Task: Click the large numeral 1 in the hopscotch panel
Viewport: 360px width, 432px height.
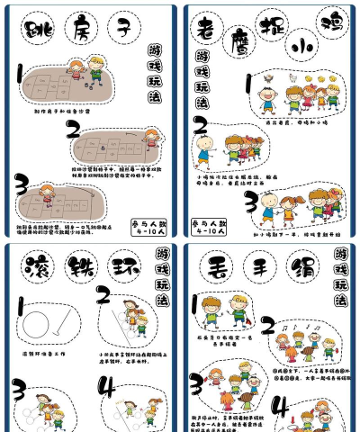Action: click(x=20, y=75)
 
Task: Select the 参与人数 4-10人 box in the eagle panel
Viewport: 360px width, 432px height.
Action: click(x=206, y=226)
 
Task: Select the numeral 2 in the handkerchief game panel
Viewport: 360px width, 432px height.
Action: click(x=267, y=326)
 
